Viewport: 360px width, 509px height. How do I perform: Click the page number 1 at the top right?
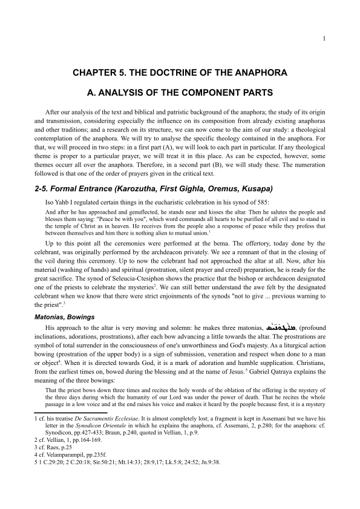(324, 39)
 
